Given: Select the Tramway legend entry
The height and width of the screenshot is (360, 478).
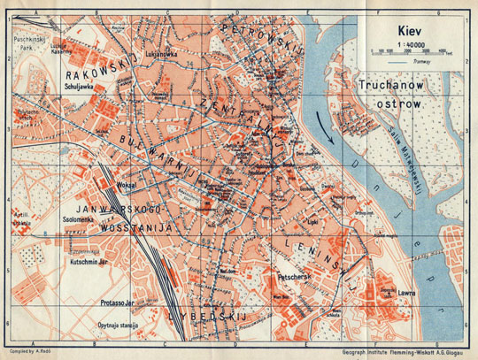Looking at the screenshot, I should [412, 62].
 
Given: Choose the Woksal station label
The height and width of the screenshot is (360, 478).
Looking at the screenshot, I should [124, 185].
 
